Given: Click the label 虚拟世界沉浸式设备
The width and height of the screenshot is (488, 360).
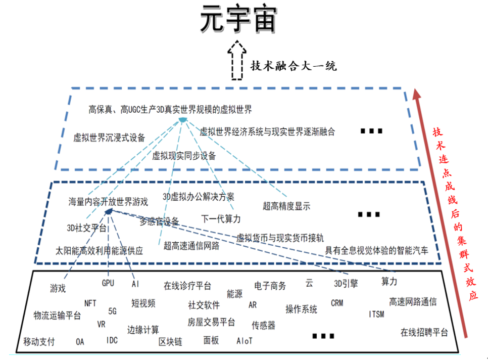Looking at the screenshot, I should [x=109, y=137].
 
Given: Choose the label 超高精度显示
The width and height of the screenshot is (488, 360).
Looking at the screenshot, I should [x=286, y=206].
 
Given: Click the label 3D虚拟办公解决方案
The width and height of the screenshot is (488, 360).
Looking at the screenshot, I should [x=199, y=196].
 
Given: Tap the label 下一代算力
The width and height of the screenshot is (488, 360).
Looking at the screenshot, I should [x=221, y=218].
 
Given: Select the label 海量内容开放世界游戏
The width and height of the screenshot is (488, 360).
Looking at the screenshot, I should [x=108, y=202].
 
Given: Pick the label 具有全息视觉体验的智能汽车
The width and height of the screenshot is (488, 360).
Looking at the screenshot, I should [x=376, y=249].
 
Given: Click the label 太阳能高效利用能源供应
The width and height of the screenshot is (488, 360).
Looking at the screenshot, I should [x=100, y=250].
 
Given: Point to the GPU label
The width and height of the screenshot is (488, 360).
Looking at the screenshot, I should [x=108, y=283].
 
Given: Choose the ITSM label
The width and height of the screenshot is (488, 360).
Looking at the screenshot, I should [x=376, y=314].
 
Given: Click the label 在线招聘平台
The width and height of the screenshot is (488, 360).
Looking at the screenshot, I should [x=424, y=332].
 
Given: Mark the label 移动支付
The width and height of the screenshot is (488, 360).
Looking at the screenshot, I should [x=39, y=341].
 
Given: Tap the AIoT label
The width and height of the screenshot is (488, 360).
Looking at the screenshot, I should [x=245, y=341].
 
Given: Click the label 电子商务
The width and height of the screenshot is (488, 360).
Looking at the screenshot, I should [x=270, y=286].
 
